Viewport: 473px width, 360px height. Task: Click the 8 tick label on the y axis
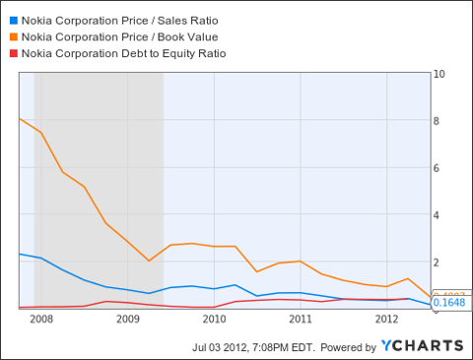439,121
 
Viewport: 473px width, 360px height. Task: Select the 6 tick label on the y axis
439,168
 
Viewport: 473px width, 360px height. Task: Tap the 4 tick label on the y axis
439,215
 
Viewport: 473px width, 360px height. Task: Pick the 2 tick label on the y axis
439,261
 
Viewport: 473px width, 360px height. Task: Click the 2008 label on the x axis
40,319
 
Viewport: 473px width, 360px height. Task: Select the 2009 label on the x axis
127,319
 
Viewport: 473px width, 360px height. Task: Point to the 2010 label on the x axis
214,319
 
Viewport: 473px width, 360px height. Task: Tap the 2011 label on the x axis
300,319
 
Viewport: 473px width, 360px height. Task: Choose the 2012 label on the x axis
386,319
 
